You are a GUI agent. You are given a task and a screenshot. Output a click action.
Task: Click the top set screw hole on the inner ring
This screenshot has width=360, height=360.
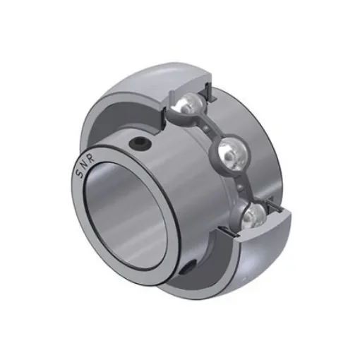pos(140,144)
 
